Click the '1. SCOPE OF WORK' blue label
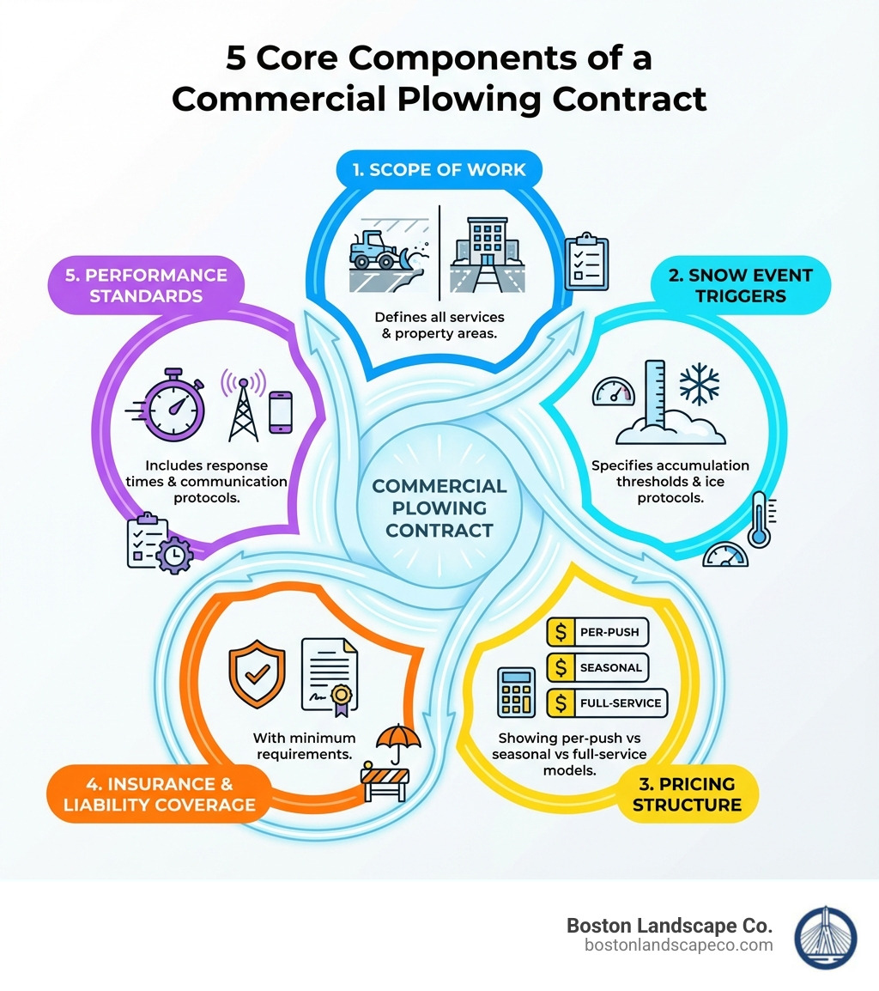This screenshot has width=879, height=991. click(x=439, y=169)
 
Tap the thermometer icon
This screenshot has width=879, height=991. click(x=759, y=520)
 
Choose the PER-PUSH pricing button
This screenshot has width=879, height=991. click(x=597, y=632)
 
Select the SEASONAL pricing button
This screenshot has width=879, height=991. click(x=597, y=667)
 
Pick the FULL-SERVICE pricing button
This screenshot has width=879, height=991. click(x=607, y=702)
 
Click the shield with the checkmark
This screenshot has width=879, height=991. click(x=255, y=672)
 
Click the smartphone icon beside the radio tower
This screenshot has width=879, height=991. click(x=281, y=413)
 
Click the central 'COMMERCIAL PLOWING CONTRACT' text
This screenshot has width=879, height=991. click(x=439, y=508)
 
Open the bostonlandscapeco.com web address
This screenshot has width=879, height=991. click(x=678, y=945)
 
